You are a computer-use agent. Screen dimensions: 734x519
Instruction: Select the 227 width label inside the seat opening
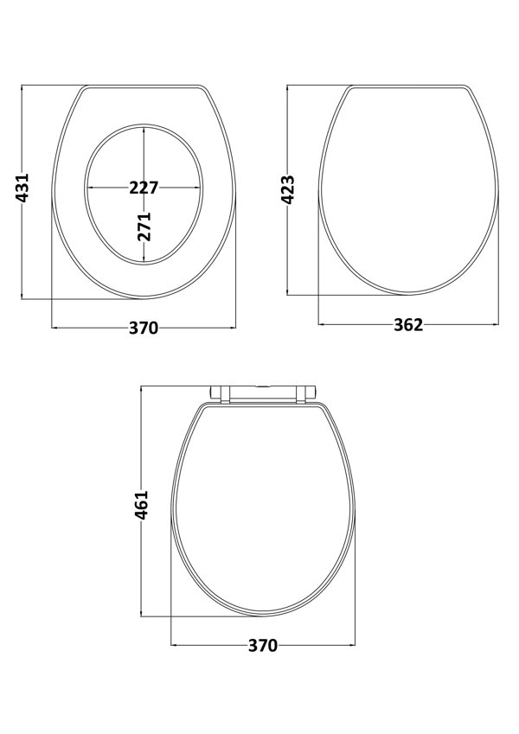[x=144, y=188]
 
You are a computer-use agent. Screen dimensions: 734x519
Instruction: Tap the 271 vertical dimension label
[x=144, y=226]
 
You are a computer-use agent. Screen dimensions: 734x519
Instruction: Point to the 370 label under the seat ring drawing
[x=144, y=328]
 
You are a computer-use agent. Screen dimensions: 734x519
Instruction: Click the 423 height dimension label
[x=288, y=188]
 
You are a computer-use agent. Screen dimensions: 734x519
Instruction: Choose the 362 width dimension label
[x=408, y=325]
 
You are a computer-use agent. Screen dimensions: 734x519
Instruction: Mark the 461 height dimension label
[x=143, y=505]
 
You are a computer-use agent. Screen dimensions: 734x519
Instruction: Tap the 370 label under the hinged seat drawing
[x=263, y=645]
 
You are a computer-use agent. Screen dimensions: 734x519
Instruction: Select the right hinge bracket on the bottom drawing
[x=305, y=394]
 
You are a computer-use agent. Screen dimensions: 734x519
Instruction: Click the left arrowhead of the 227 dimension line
[x=89, y=188]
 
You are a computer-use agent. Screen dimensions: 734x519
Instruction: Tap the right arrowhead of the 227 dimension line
[x=199, y=188]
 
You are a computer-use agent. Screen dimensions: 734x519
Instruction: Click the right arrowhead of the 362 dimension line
[x=497, y=325]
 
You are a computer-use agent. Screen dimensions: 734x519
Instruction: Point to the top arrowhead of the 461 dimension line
[x=143, y=389]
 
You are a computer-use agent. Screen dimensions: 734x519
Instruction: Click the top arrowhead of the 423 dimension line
[x=288, y=88]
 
